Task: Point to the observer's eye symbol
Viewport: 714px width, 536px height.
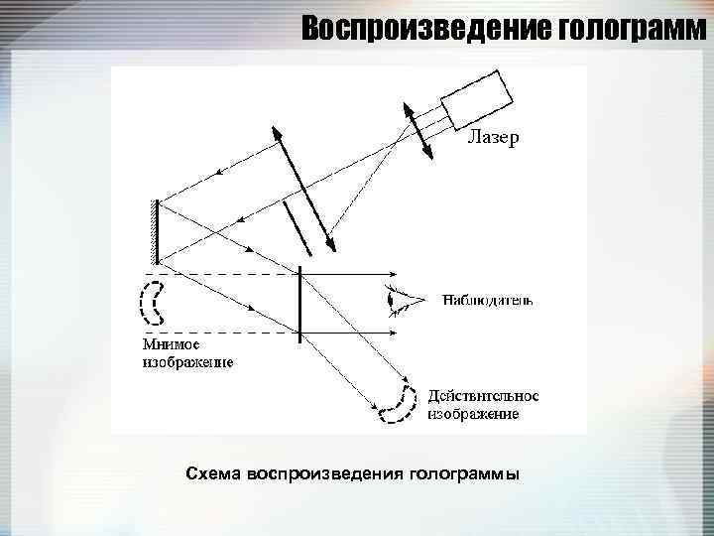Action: (401, 299)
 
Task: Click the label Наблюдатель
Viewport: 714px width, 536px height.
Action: (488, 298)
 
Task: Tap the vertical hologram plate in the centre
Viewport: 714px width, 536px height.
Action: (299, 304)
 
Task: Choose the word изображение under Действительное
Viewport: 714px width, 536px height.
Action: (472, 413)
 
